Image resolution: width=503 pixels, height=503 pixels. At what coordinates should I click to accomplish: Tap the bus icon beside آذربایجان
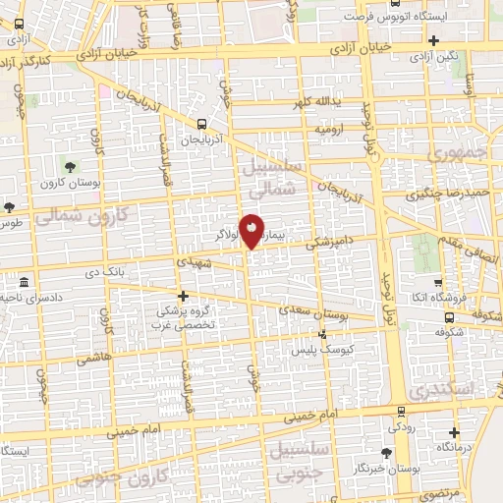pos(201,125)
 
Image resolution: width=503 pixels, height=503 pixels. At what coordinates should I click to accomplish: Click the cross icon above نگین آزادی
pos(433,40)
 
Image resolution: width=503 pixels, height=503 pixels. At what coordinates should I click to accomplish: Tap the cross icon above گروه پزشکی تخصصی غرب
pos(182,295)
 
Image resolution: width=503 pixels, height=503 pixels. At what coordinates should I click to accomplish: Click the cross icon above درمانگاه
pos(454,431)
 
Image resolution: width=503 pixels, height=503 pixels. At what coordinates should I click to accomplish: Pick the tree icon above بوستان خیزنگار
pos(385,453)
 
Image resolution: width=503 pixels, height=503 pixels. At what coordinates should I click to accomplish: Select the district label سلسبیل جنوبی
pos(291,463)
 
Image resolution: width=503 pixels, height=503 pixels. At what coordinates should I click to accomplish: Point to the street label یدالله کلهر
pos(316,102)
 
